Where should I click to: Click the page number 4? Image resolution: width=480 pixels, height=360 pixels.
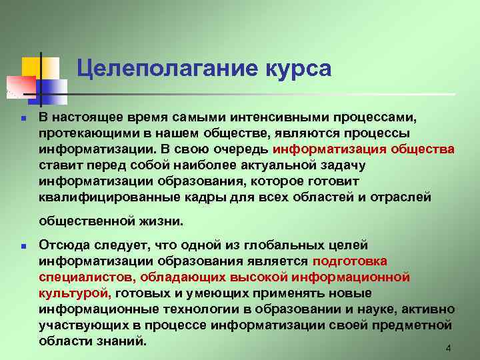click(x=448, y=349)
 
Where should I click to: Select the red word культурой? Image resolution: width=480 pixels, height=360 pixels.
click(x=74, y=293)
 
